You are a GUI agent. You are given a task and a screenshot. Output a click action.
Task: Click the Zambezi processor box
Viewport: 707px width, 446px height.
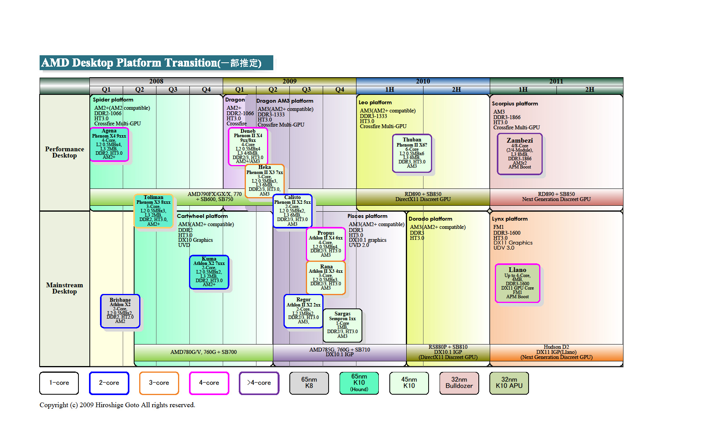point(520,154)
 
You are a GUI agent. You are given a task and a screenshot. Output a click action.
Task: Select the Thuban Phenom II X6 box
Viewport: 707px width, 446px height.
point(412,153)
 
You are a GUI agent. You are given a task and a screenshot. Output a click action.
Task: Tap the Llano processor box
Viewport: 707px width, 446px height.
point(517,283)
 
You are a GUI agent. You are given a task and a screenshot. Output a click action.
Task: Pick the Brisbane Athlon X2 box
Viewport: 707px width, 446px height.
point(120,311)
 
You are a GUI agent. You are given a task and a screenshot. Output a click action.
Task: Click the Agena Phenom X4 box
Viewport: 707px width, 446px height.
point(109,145)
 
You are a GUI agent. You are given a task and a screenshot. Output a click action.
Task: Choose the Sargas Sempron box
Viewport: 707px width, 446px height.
point(342,325)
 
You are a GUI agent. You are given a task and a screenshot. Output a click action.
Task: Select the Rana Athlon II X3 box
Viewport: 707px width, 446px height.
point(325,277)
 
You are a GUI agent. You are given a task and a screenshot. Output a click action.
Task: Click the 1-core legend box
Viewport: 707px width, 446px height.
point(59,383)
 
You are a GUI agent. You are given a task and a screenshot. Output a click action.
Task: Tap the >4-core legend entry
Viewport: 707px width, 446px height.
point(259,383)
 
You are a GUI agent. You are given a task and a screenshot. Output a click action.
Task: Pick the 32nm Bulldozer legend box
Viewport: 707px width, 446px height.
point(459,383)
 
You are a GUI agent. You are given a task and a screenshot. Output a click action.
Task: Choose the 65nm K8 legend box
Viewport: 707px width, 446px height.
point(309,383)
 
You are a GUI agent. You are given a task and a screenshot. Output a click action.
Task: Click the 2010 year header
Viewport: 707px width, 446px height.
point(423,81)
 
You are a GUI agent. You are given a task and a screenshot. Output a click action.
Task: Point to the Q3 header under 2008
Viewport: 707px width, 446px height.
point(173,90)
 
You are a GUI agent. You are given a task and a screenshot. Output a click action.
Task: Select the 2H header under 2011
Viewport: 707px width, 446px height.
point(589,90)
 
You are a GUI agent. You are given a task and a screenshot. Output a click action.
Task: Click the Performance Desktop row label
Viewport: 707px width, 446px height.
point(65,152)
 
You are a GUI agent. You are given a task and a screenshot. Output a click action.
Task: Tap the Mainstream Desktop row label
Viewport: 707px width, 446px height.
point(65,288)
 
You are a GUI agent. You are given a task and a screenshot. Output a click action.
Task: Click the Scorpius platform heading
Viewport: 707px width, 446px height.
point(515,103)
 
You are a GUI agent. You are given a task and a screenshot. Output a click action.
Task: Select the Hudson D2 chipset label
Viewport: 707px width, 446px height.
point(556,347)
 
